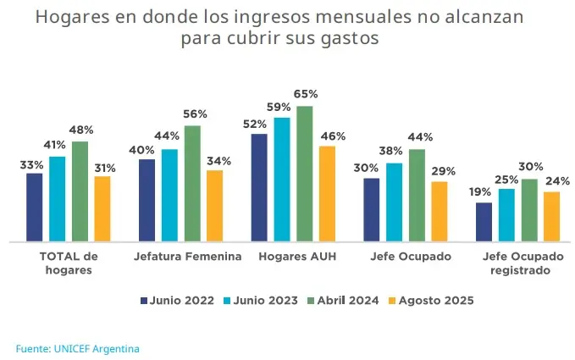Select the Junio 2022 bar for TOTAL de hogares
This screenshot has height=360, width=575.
[35, 208]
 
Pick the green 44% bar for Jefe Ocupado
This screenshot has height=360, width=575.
[417, 196]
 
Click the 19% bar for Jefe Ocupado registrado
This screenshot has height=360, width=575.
[484, 222]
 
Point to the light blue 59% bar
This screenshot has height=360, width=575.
[282, 180]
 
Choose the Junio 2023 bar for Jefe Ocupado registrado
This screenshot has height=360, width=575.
[506, 215]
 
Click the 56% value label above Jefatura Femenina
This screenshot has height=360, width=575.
[196, 114]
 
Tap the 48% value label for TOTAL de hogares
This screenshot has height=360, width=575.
[81, 130]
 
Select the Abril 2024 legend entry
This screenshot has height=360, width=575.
[344, 300]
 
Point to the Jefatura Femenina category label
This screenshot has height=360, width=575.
[187, 257]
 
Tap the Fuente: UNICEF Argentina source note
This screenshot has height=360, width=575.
[77, 348]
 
